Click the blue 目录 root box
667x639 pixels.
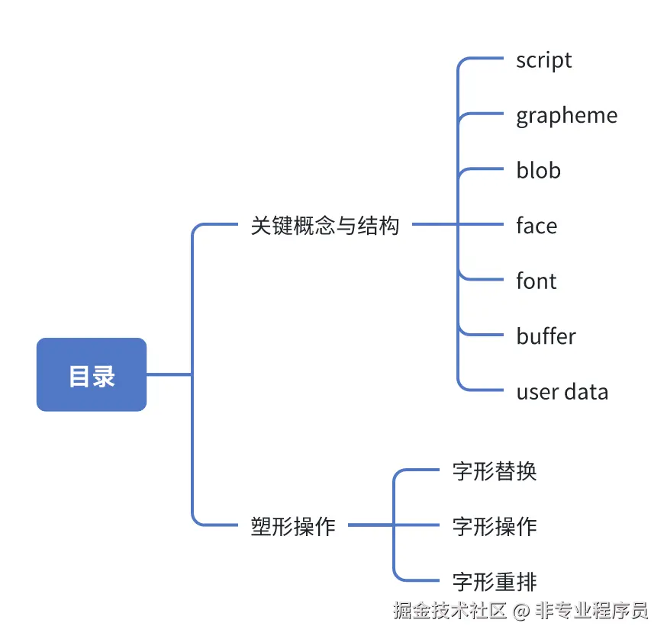point(92,374)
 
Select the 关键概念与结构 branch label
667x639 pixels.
point(325,226)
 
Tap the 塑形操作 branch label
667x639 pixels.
point(293,526)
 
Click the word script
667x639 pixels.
point(543,60)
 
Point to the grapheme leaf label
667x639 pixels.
point(566,116)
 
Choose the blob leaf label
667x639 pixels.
point(538,171)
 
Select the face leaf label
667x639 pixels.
point(536,226)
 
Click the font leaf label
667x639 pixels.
point(536,281)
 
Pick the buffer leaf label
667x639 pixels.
point(546,336)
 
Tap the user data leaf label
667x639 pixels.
point(562,392)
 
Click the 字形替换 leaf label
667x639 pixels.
point(495,471)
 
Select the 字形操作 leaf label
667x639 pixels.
point(495,526)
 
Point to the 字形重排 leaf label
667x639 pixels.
point(495,582)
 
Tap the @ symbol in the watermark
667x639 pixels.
point(520,611)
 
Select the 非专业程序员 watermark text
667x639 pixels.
point(590,611)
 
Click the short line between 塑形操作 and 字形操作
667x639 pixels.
point(370,525)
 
